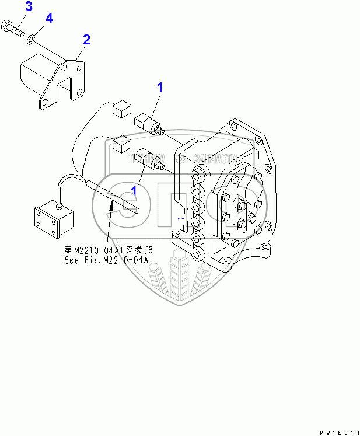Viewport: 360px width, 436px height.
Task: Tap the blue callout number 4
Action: [x=49, y=18]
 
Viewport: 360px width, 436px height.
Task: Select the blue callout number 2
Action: [x=86, y=40]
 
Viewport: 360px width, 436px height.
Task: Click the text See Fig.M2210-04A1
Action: [x=109, y=260]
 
